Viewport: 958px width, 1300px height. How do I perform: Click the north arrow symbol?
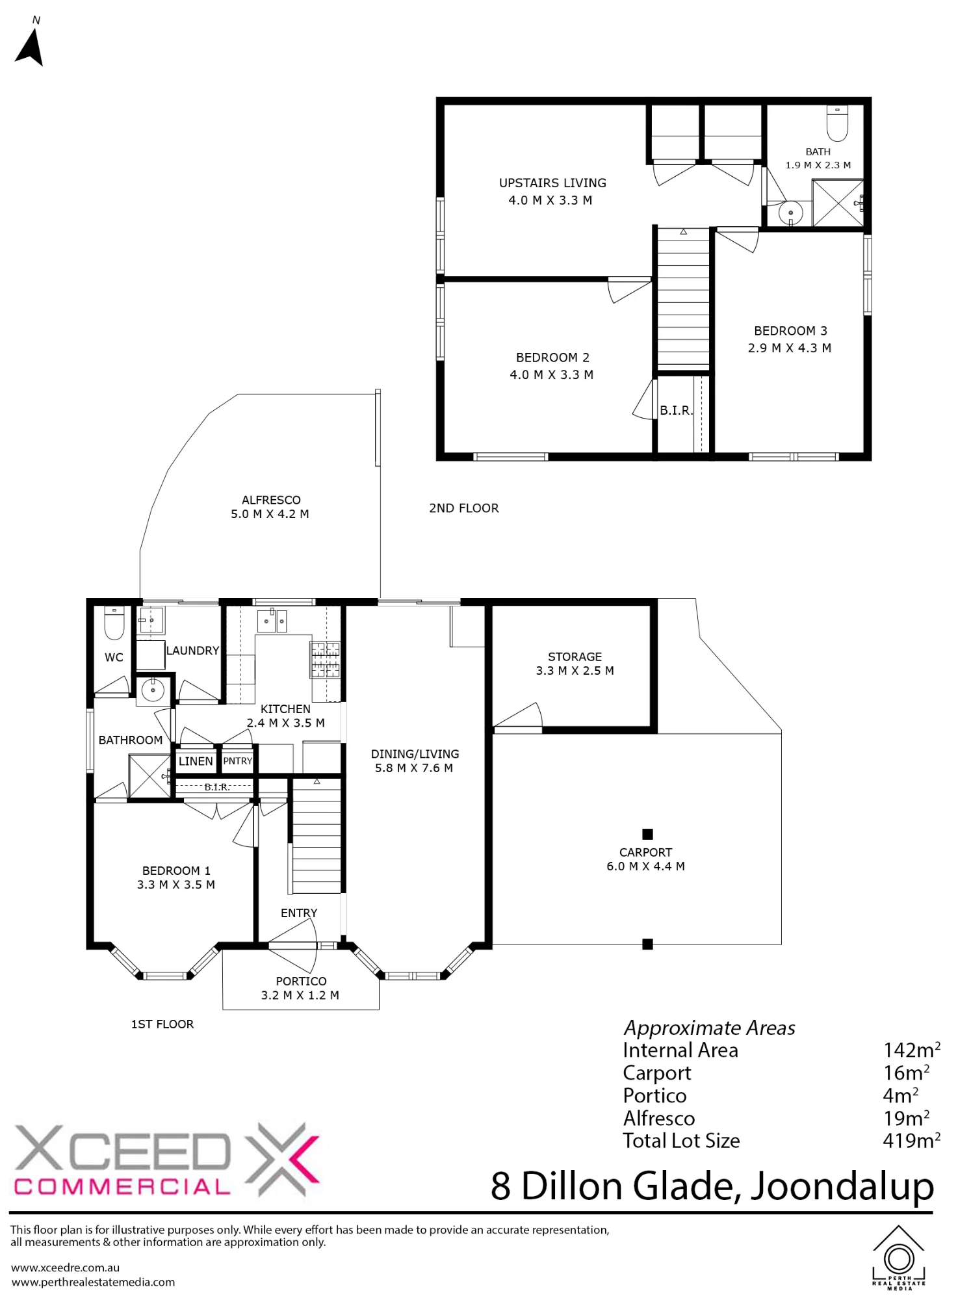(x=30, y=45)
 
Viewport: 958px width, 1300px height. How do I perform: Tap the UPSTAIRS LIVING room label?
(x=552, y=183)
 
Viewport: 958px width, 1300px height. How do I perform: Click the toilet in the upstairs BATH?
(x=837, y=123)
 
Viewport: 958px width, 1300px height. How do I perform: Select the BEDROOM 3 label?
(x=790, y=331)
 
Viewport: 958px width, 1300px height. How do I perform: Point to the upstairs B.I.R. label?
(x=676, y=411)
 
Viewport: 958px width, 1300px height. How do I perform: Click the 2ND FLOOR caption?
(x=464, y=508)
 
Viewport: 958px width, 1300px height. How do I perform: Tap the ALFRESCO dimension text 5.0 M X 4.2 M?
(x=270, y=514)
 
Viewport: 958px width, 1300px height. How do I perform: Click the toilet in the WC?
(x=114, y=623)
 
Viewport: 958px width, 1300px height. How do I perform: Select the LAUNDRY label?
(x=192, y=651)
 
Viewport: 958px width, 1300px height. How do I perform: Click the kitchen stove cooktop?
(x=324, y=660)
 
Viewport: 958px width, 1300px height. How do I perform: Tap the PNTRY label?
(x=238, y=761)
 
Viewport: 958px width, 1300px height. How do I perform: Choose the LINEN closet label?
(x=196, y=761)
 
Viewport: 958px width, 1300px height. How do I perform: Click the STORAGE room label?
(x=575, y=657)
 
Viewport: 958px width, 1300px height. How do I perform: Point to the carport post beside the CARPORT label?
(x=647, y=834)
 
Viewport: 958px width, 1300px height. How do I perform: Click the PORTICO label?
(x=301, y=981)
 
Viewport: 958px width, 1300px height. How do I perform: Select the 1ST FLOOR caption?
(x=162, y=1024)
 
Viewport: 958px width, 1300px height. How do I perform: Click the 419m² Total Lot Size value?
(x=911, y=1141)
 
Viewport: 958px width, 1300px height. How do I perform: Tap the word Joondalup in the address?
(x=842, y=1187)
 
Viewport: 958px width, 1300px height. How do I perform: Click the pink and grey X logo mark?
(x=281, y=1160)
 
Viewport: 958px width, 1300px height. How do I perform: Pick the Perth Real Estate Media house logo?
(x=899, y=1257)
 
